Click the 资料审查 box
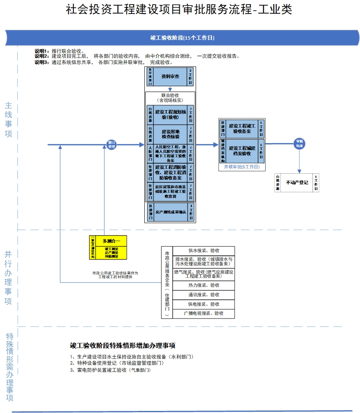[170, 76]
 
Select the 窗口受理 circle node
[111, 144]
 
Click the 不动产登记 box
[297, 182]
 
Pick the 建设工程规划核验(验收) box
[170, 114]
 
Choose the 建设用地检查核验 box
[170, 134]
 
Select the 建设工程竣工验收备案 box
[242, 128]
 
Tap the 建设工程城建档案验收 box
[242, 151]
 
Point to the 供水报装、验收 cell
[204, 250]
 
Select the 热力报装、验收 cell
[204, 285]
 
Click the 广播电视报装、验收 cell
[204, 313]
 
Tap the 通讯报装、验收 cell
[204, 295]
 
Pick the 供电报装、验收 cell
[204, 304]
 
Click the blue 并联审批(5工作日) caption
[242, 167]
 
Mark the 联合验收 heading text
[170, 95]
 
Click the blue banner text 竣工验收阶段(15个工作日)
[182, 38]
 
